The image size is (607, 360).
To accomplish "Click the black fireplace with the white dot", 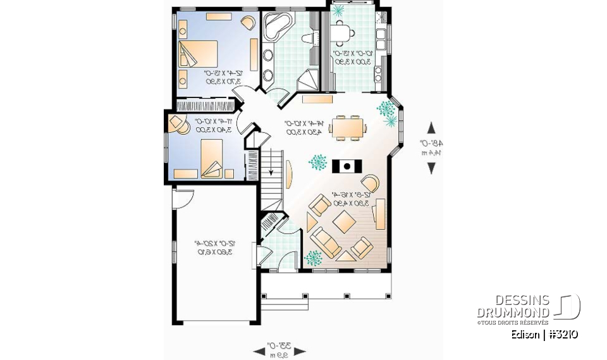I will [346, 166].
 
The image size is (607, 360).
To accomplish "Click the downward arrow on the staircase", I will [271, 168].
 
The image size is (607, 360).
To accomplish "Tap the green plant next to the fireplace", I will [317, 163].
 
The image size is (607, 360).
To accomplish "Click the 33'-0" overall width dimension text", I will [279, 346].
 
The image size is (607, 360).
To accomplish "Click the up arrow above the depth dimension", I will [431, 127].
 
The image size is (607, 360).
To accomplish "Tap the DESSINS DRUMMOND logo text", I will [514, 306].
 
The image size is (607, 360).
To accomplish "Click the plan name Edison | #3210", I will [544, 335].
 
